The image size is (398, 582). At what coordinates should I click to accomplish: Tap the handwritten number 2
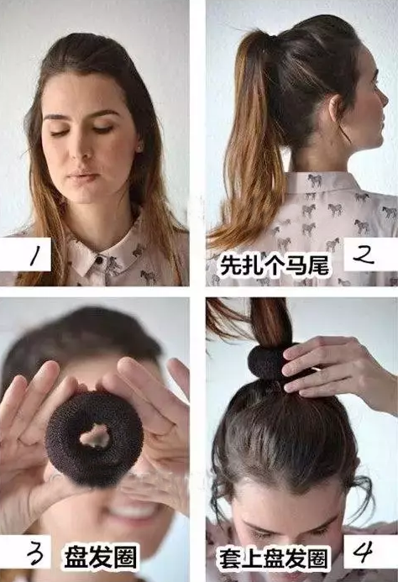363,255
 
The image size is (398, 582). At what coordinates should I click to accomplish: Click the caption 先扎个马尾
275,265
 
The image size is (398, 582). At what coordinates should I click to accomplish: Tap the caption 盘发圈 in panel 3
100,557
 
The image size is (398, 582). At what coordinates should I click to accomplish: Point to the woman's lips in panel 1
83,175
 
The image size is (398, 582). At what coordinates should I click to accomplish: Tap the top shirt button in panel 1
99,260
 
